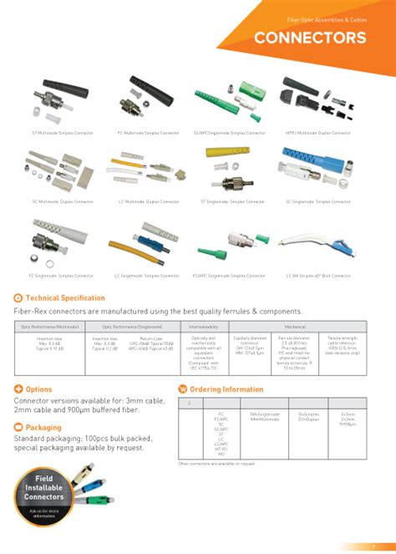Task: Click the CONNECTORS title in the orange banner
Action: pos(309,38)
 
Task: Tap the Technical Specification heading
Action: pos(65,297)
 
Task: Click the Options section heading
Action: pos(38,389)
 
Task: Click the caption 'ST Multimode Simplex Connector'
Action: pos(59,133)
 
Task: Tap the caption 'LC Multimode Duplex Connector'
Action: pos(147,201)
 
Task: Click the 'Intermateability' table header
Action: pos(204,327)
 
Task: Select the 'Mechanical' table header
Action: pos(294,327)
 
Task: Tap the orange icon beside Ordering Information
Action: pos(183,389)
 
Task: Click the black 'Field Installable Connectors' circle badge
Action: pos(43,499)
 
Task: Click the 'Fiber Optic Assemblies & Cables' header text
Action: pos(325,18)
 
